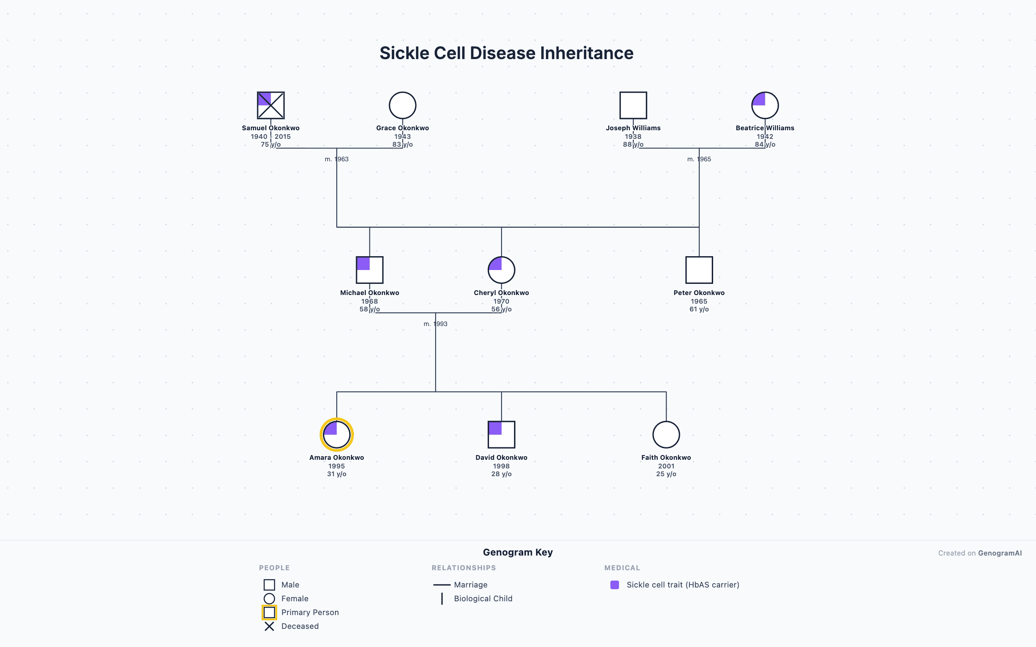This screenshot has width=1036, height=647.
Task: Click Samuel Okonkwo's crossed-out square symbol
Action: pos(271,105)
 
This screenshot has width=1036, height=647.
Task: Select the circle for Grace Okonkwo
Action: pos(402,105)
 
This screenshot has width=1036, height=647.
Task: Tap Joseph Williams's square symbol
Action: pos(633,105)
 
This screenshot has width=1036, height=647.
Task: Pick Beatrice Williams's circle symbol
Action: pos(765,105)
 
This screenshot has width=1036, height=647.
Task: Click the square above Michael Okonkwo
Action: pos(370,270)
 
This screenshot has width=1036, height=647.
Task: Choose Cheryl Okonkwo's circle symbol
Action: pos(501,270)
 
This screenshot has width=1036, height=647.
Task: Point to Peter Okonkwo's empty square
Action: pos(699,270)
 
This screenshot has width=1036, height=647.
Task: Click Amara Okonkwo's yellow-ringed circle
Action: pos(337,435)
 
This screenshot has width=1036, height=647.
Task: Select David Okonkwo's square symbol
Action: pos(501,435)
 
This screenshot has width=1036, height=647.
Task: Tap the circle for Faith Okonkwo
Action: pos(666,435)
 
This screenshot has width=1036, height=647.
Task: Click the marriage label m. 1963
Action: pos(337,159)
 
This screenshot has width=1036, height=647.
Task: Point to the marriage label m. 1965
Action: pos(699,159)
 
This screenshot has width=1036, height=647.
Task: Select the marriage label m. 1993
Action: pos(435,324)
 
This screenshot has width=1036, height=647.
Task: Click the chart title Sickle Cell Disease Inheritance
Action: pos(506,53)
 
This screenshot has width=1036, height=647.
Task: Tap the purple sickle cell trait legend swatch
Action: pos(615,585)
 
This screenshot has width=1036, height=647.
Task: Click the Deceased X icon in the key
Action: pos(269,626)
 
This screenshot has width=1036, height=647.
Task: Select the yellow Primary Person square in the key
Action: pos(269,612)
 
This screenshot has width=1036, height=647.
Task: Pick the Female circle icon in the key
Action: pos(269,599)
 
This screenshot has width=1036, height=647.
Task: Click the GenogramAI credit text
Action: pos(999,553)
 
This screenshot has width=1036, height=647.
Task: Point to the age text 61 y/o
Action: pos(699,309)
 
